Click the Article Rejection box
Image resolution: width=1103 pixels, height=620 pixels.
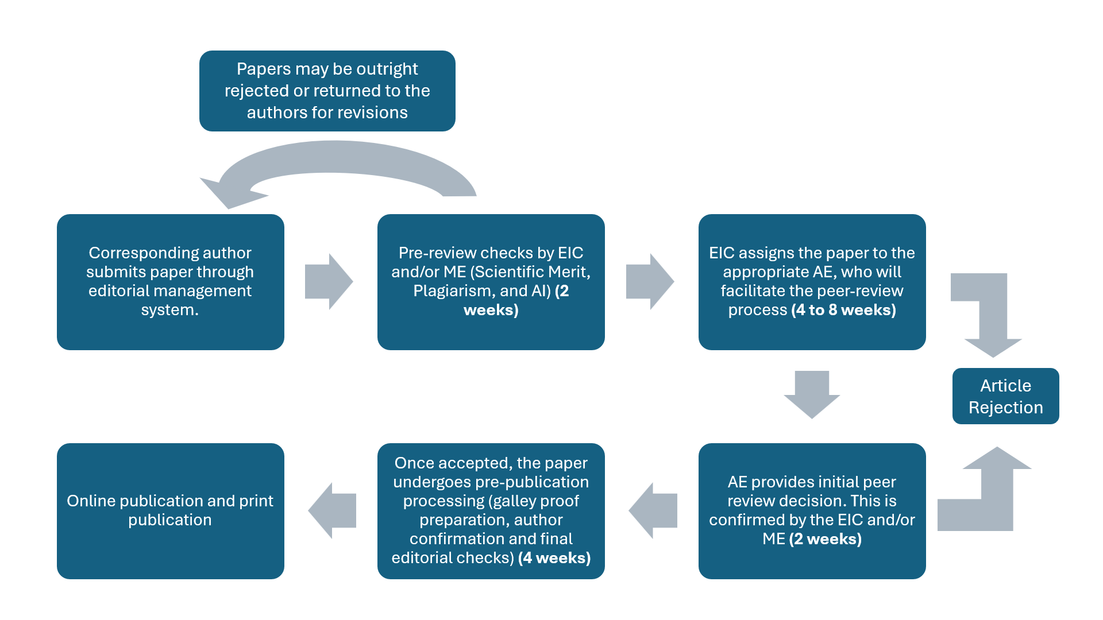pyautogui.click(x=1005, y=396)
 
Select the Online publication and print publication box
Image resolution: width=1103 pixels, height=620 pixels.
pyautogui.click(x=170, y=511)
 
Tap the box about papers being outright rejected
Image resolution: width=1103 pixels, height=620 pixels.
pyautogui.click(x=327, y=91)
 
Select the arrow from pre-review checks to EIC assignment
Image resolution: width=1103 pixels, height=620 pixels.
pyautogui.click(x=650, y=281)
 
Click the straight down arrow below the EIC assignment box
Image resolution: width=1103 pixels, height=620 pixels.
pyautogui.click(x=812, y=394)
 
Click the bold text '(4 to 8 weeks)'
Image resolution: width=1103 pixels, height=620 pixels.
pyautogui.click(x=843, y=310)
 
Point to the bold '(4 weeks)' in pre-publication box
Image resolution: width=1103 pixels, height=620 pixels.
pyautogui.click(x=554, y=558)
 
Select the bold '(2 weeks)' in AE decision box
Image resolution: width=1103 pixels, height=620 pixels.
pyautogui.click(x=826, y=539)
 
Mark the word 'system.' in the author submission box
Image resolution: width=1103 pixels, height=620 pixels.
pyautogui.click(x=170, y=310)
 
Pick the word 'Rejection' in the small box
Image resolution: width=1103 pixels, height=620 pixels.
pyautogui.click(x=1005, y=408)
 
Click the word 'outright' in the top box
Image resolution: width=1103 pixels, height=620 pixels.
pyautogui.click(x=387, y=69)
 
